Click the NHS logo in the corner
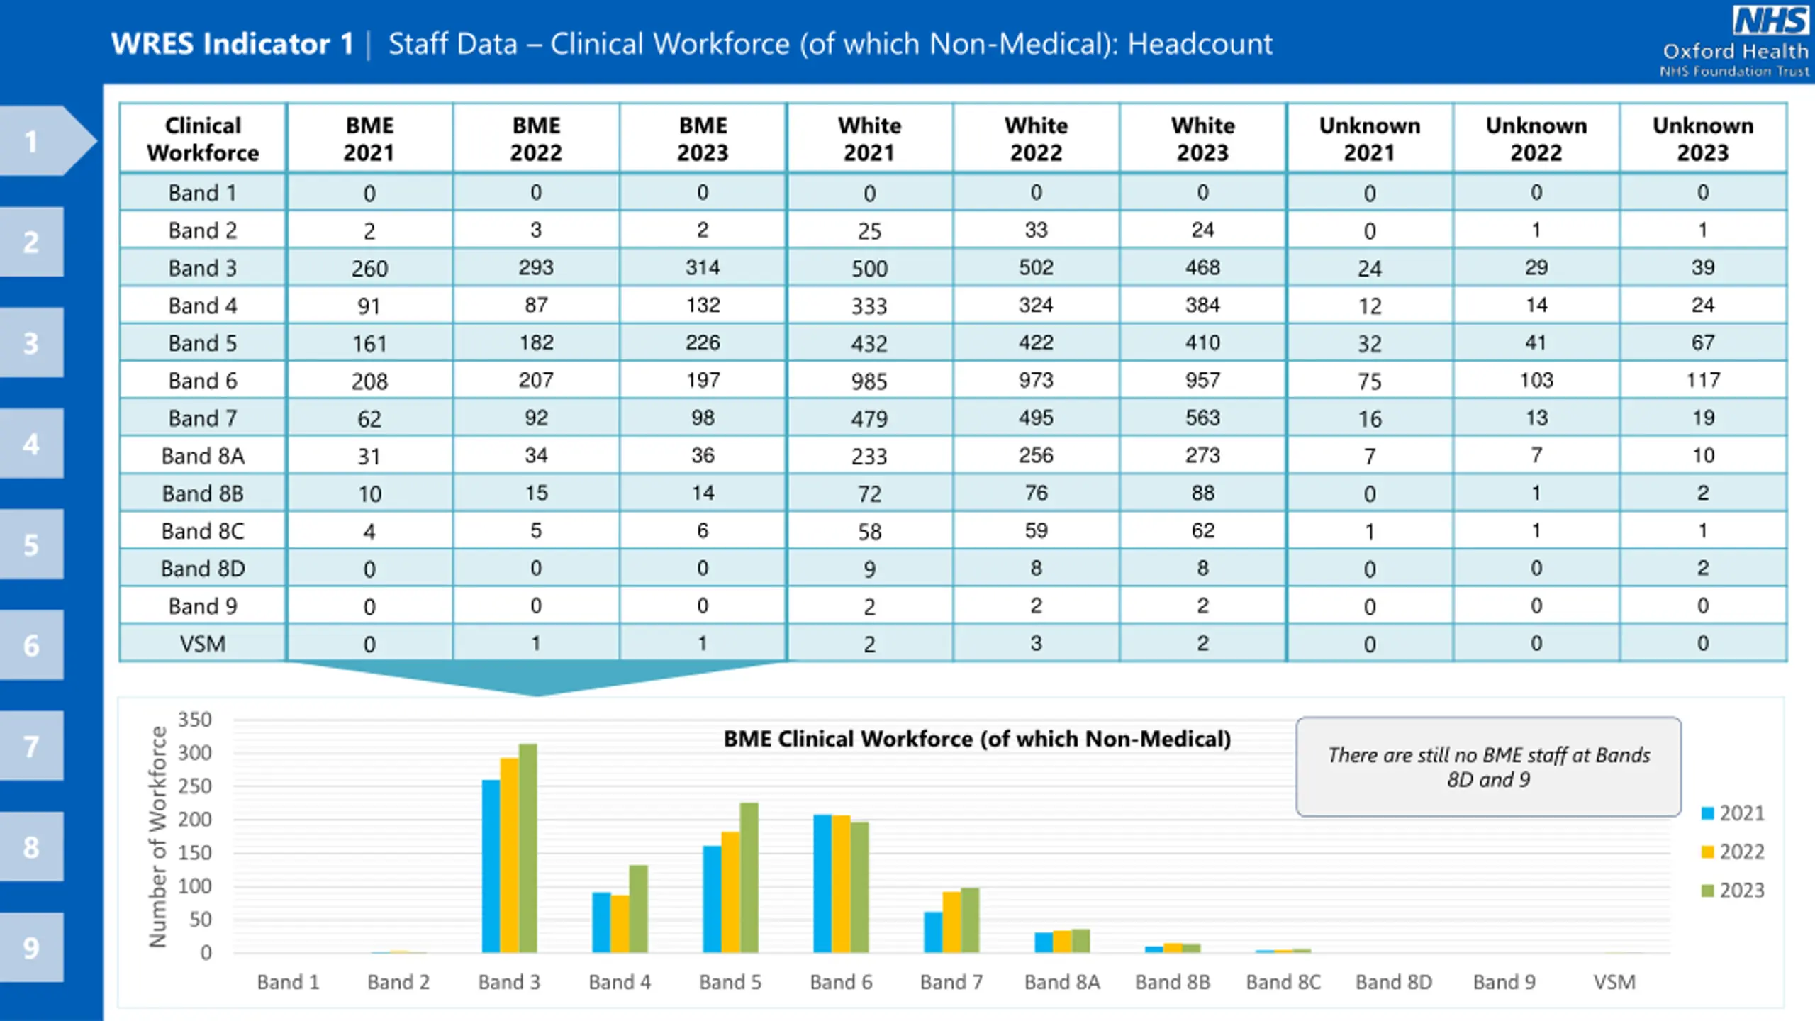click(1770, 21)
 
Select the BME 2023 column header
click(703, 139)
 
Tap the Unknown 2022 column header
click(1536, 139)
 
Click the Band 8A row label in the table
click(203, 456)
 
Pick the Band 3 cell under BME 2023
click(703, 267)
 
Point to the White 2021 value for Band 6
click(869, 381)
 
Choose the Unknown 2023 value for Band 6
click(1702, 380)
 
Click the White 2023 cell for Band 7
click(1202, 418)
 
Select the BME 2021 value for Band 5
click(369, 344)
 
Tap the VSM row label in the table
click(203, 644)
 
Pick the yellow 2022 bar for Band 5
click(730, 892)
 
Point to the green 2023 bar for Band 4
click(638, 908)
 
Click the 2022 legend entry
click(1733, 852)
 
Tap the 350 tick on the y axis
click(195, 720)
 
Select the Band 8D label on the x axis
click(1394, 982)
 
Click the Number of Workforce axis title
click(157, 837)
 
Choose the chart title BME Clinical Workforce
click(977, 739)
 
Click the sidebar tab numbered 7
click(31, 746)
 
